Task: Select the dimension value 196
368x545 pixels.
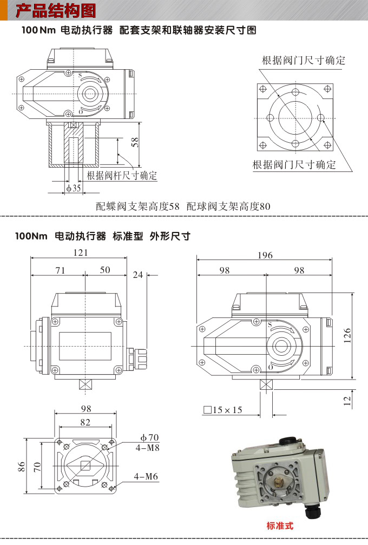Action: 265,255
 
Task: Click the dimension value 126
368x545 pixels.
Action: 347,335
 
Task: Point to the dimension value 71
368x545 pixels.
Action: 60,270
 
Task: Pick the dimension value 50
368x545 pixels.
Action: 104,270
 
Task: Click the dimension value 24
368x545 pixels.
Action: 138,275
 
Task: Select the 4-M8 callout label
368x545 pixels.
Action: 147,448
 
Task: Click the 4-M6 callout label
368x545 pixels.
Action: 147,476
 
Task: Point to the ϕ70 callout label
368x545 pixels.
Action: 149,437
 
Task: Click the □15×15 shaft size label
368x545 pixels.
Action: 223,410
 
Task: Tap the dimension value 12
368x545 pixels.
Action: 347,400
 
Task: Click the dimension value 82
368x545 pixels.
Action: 85,422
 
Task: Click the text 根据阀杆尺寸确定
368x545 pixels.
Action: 122,175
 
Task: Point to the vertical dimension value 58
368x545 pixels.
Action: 135,143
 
